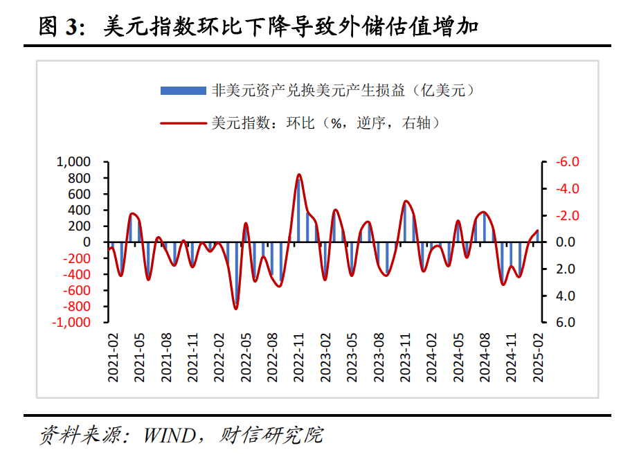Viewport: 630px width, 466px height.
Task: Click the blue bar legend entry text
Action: pos(343,90)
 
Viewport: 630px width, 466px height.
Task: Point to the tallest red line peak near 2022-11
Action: pos(299,174)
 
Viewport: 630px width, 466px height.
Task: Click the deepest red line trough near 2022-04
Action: pos(236,308)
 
